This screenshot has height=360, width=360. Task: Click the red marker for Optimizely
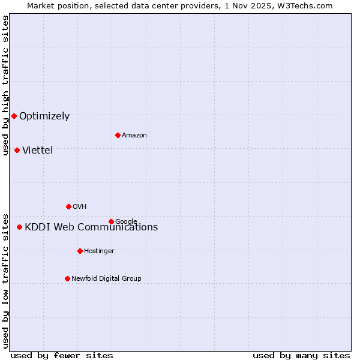pyautogui.click(x=14, y=116)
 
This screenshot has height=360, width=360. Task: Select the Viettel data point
pyautogui.click(x=17, y=150)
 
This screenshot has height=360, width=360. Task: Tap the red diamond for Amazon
pyautogui.click(x=118, y=135)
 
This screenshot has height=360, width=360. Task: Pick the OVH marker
pyautogui.click(x=68, y=206)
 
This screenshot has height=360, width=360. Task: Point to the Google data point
pyautogui.click(x=111, y=221)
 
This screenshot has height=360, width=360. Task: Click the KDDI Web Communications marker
pyautogui.click(x=19, y=227)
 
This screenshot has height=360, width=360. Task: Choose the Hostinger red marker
pyautogui.click(x=80, y=251)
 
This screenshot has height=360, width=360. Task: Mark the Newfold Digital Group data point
pyautogui.click(x=67, y=278)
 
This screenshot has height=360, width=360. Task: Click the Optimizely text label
pyautogui.click(x=44, y=116)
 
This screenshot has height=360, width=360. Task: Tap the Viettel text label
pyautogui.click(x=38, y=150)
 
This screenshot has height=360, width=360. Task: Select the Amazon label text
pyautogui.click(x=134, y=136)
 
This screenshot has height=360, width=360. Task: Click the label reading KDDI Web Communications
pyautogui.click(x=91, y=227)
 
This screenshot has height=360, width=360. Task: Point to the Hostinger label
pyautogui.click(x=99, y=251)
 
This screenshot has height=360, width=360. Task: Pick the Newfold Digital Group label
pyautogui.click(x=106, y=278)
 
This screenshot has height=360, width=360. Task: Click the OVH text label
pyautogui.click(x=80, y=207)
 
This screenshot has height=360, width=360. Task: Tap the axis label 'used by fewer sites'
pyautogui.click(x=62, y=356)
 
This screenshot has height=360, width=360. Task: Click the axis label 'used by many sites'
pyautogui.click(x=301, y=356)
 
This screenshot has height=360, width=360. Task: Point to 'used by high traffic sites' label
pyautogui.click(x=6, y=85)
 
